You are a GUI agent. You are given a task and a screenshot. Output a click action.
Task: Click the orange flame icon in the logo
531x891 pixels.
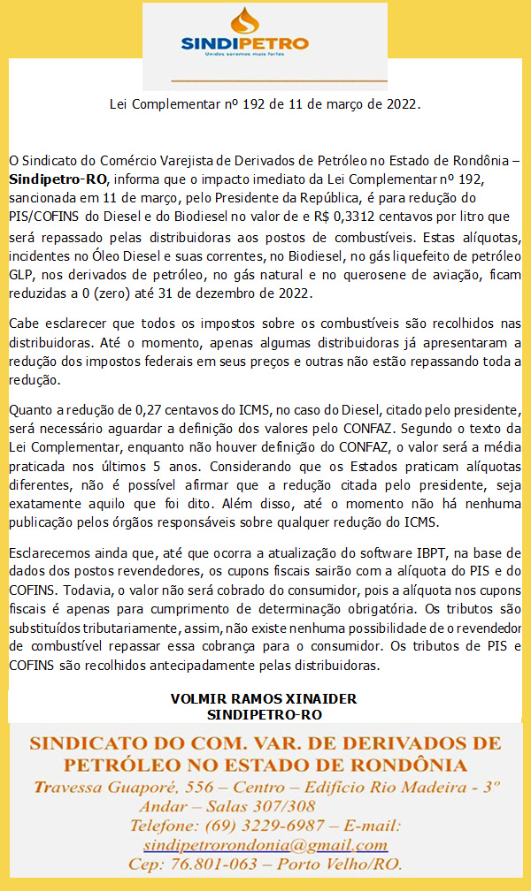tap(245, 20)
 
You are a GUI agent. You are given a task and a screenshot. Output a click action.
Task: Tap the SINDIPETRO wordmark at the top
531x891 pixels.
tap(244, 43)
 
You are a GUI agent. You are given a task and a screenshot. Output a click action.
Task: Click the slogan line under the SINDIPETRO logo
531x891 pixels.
tap(244, 55)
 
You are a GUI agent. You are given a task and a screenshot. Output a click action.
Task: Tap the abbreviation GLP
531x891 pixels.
tap(21, 275)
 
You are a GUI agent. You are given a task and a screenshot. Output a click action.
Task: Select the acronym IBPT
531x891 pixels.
tap(409, 552)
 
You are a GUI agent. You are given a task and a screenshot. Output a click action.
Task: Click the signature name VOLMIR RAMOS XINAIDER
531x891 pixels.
tap(263, 699)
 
